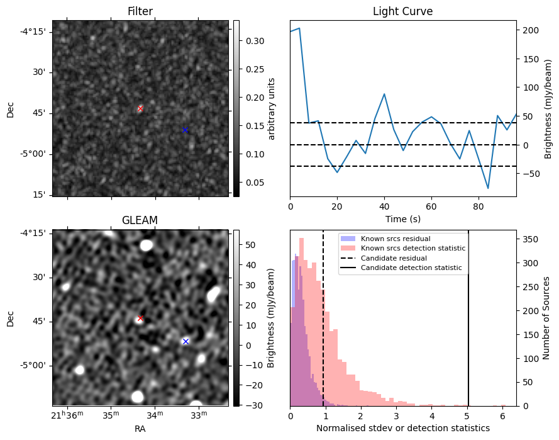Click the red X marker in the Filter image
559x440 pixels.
140,108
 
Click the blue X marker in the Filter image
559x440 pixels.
185,130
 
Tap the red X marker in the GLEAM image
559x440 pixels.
140,318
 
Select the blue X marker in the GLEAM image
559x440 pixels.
185,342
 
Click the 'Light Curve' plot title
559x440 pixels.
403,11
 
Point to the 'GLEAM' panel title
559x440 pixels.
140,220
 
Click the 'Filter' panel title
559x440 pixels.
140,11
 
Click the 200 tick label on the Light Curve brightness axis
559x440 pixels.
531,31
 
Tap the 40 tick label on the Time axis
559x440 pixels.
384,206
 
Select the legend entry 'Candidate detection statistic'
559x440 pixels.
411,268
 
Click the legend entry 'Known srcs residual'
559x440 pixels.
396,239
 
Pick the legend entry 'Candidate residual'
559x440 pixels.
394,258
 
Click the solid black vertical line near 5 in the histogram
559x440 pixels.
468,319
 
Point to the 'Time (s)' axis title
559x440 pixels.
403,219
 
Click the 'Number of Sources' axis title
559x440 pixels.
546,319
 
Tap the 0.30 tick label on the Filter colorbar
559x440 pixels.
255,41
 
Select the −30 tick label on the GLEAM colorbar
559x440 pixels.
254,405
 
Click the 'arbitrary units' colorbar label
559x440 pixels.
271,109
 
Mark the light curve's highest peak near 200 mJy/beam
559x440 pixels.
299,28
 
